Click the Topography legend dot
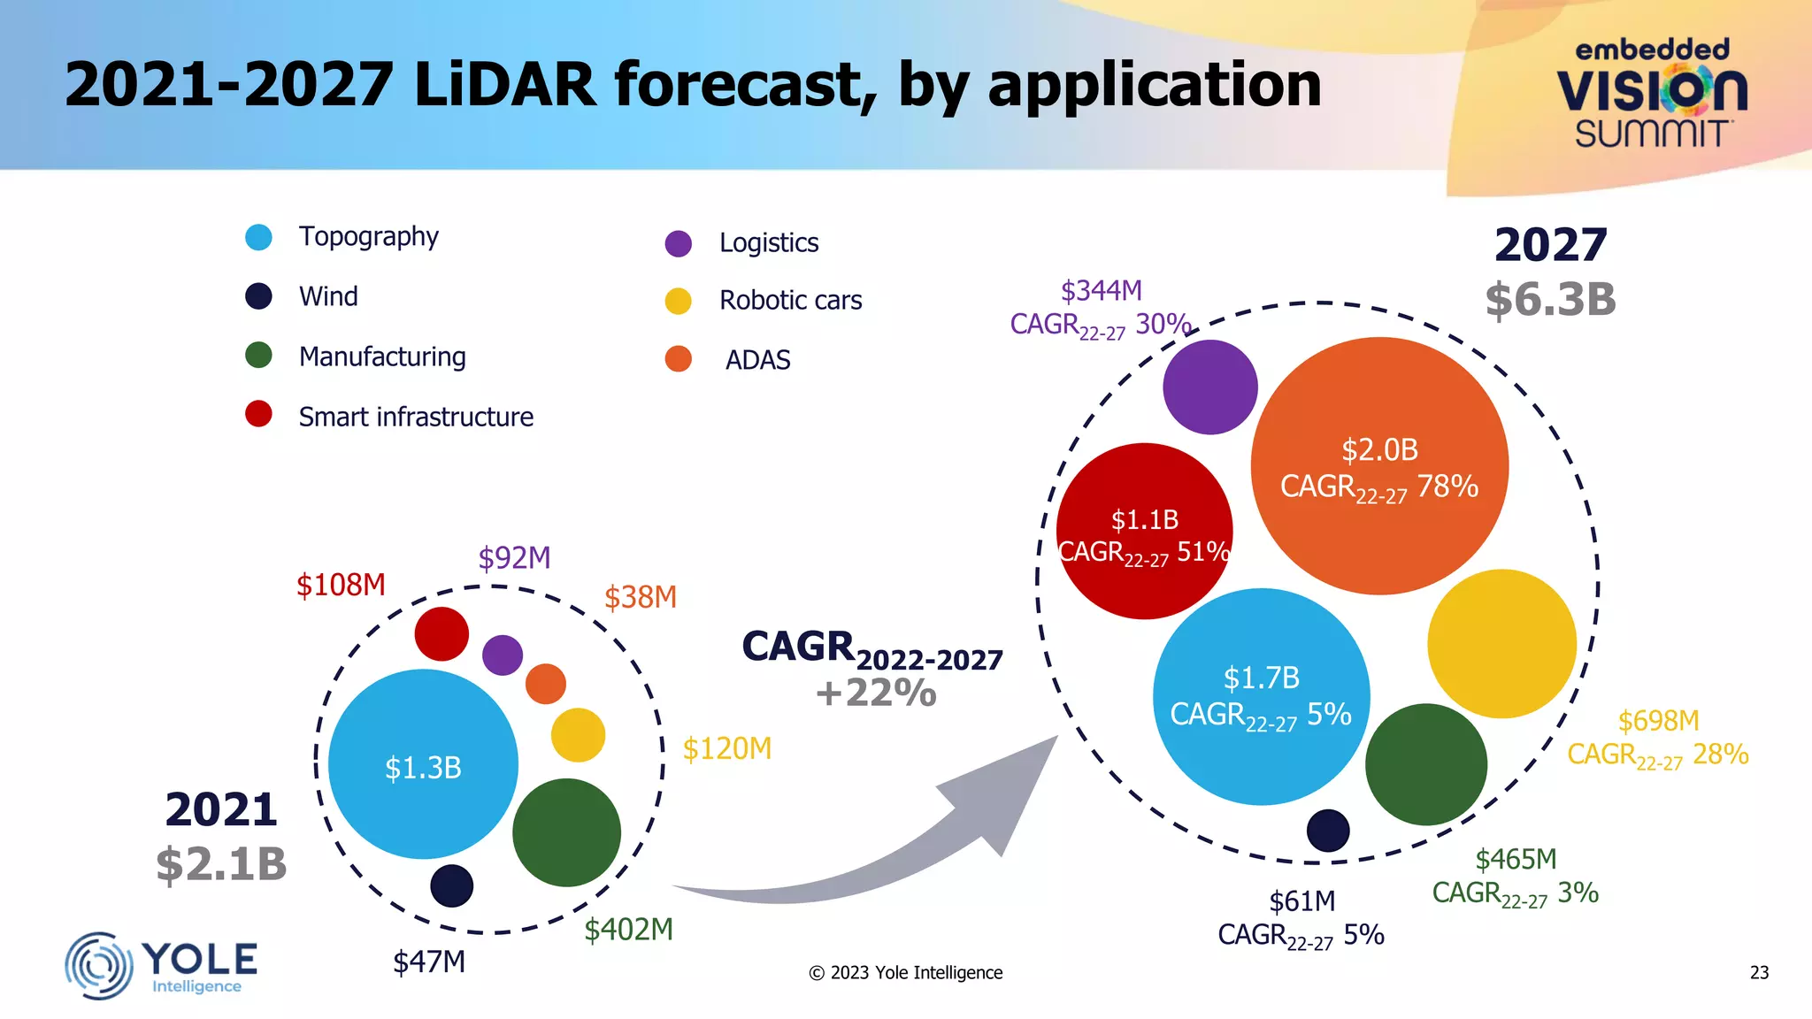[258, 237]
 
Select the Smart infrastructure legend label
[416, 417]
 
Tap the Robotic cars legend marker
[678, 301]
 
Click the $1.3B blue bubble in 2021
[423, 764]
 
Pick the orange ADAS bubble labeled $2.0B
[1379, 466]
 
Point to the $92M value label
[514, 558]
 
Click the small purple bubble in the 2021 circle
[503, 655]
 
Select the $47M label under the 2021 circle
[429, 962]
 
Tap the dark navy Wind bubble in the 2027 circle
[1328, 831]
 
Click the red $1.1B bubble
[1144, 531]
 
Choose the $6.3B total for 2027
[1550, 300]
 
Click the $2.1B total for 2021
[221, 864]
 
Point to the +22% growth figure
[876, 693]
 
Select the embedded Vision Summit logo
[1651, 93]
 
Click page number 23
[1759, 973]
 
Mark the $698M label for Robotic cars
[1658, 721]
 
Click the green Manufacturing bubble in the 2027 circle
[1425, 764]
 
